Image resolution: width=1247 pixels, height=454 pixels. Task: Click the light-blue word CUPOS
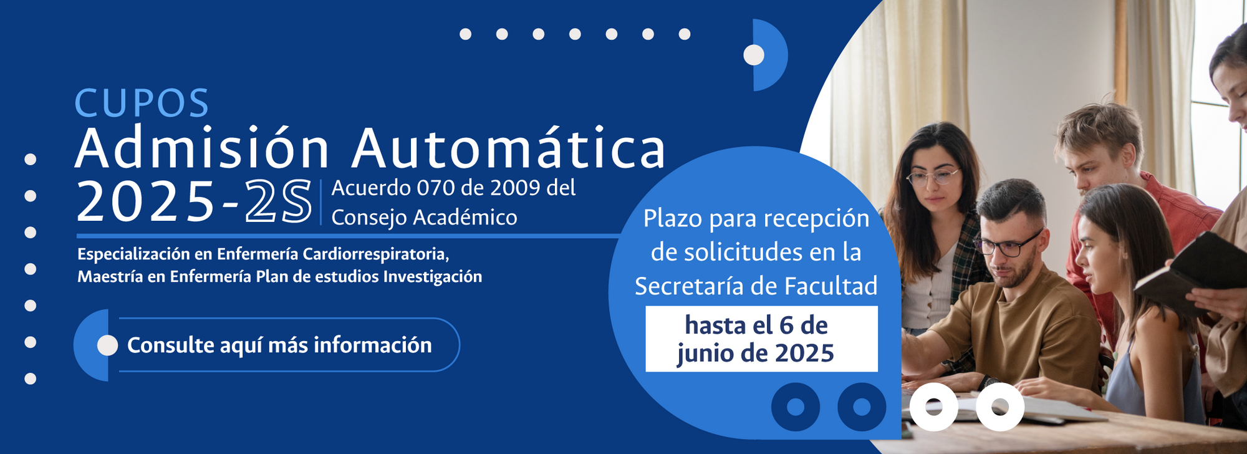[142, 104]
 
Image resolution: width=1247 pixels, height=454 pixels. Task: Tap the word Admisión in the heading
[202, 148]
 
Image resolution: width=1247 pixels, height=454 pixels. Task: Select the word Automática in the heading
[509, 148]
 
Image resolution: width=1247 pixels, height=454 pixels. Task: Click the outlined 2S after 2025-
[278, 201]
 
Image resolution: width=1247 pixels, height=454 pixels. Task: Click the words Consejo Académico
[424, 218]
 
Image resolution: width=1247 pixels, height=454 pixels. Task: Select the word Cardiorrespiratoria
[375, 254]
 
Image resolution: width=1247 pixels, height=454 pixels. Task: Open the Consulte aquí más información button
[267, 345]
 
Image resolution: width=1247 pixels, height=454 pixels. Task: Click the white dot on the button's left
[107, 345]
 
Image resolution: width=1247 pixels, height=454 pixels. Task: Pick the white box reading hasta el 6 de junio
[761, 339]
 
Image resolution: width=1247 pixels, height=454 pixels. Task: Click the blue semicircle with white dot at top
[769, 55]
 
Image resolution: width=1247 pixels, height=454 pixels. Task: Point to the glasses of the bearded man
[1008, 244]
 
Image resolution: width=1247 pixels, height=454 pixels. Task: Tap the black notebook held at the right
[1188, 268]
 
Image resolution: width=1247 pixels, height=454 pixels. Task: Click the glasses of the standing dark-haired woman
[933, 177]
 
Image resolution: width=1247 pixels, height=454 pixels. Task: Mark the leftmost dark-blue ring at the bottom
[796, 407]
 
